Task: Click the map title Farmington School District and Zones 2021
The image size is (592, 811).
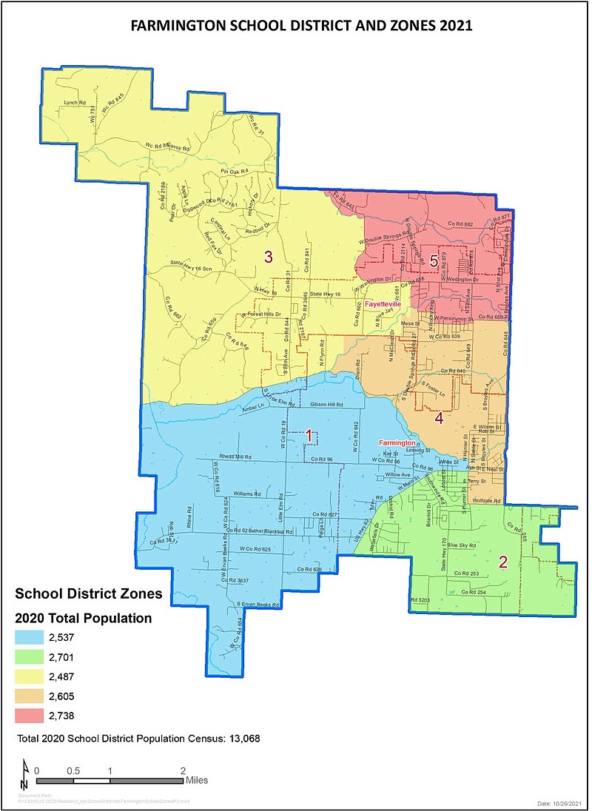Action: [x=301, y=25]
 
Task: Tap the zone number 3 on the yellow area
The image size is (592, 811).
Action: [x=269, y=256]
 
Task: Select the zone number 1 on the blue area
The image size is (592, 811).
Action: [x=309, y=437]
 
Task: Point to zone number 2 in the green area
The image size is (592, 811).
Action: [x=503, y=561]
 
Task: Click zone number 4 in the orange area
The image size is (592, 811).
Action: [x=439, y=418]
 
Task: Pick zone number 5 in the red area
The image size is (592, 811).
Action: [x=434, y=260]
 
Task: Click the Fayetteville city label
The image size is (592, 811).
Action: [x=383, y=304]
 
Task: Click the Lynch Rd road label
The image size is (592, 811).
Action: [x=75, y=103]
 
